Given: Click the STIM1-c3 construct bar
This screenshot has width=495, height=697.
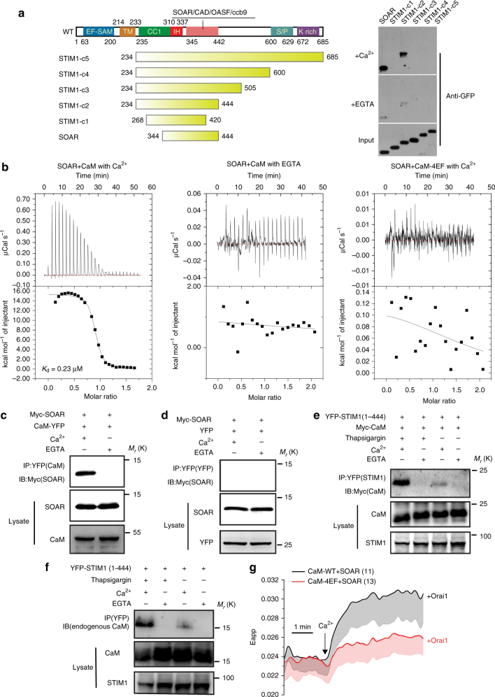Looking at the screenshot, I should (188, 89).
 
